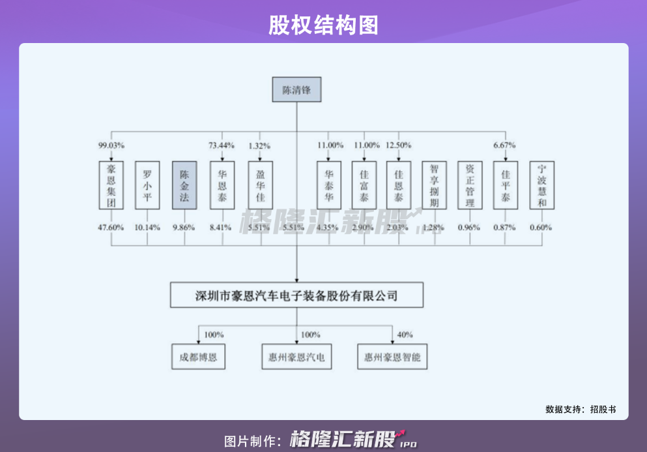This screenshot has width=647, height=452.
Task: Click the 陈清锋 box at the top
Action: (296, 90)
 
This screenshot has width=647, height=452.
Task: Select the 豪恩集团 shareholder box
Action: (111, 185)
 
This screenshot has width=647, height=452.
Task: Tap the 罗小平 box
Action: (147, 185)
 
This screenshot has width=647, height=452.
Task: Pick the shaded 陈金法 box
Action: (184, 185)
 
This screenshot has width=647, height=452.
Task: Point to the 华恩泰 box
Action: (222, 185)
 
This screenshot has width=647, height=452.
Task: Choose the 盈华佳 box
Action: (260, 185)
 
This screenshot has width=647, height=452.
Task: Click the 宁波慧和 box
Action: (542, 185)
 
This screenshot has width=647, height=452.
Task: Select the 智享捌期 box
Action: (434, 185)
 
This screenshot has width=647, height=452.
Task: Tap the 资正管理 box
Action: (470, 185)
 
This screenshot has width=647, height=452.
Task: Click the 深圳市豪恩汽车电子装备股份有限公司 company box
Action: (296, 295)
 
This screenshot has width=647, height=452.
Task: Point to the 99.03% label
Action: (111, 145)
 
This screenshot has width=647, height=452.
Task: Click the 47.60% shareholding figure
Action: (111, 228)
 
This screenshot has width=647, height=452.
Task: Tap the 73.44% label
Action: (222, 145)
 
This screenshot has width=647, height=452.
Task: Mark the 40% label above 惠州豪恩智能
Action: (405, 335)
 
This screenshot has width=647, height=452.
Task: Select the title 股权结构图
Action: (323, 25)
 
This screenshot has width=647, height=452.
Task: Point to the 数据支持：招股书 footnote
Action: (580, 410)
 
